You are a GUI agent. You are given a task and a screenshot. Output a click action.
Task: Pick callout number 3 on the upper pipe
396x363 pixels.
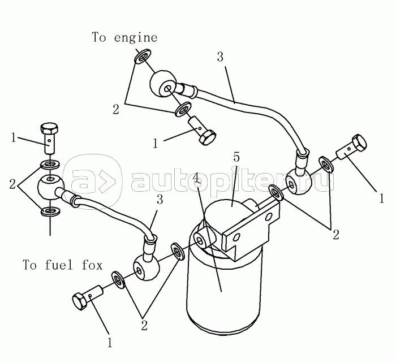[220, 57]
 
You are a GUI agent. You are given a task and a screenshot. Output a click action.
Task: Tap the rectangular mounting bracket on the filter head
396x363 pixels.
[249, 229]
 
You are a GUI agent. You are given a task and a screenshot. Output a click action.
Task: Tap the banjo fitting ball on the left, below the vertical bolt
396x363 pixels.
[49, 187]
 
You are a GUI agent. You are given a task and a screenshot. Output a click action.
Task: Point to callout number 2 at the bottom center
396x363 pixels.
[144, 325]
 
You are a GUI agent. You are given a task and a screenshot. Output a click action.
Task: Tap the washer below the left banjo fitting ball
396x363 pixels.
[50, 213]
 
